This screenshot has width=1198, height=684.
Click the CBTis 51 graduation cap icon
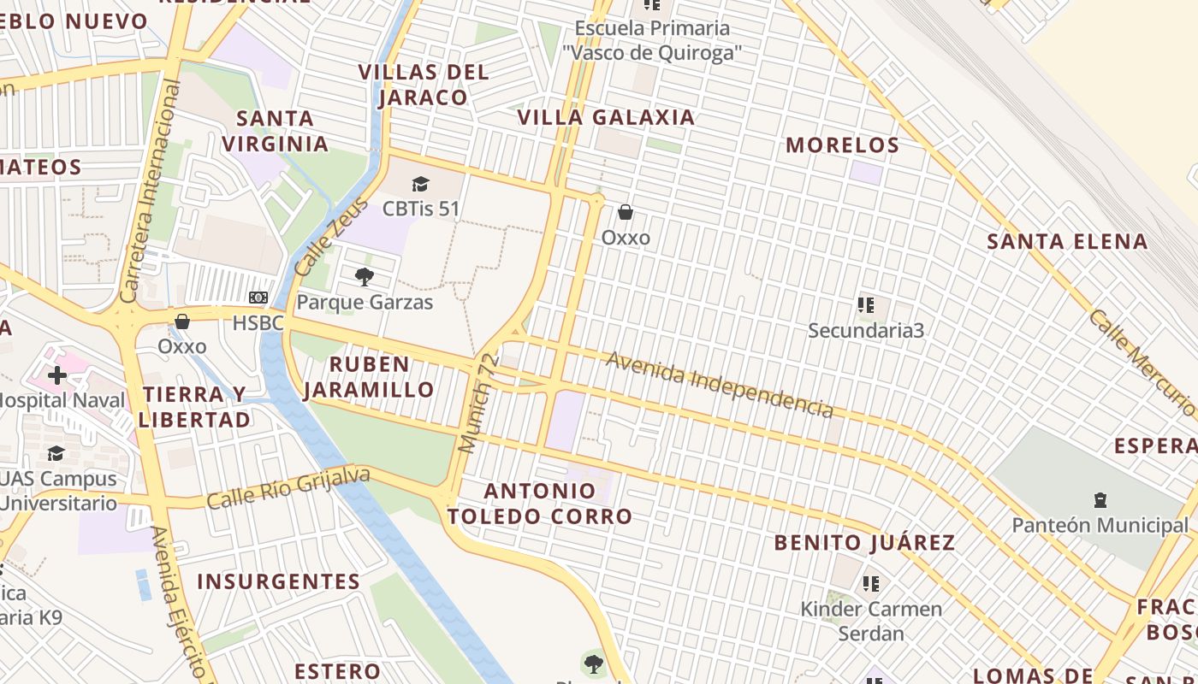420,184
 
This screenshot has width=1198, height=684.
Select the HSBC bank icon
258,298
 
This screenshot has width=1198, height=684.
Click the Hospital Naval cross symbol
57,375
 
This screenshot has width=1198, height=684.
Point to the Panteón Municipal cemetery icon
1100,500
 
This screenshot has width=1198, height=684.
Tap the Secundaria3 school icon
866,304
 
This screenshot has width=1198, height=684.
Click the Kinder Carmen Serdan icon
871,584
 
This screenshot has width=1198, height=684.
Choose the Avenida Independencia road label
719,385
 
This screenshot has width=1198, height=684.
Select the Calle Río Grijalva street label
288,487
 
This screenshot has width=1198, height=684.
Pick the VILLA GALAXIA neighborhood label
606,117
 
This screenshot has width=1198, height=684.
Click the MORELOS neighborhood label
842,145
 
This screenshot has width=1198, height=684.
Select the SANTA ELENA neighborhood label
1067,242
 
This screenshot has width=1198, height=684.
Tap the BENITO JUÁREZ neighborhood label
864,543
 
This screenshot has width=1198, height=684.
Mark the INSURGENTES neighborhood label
278,582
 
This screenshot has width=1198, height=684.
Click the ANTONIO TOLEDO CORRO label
539,504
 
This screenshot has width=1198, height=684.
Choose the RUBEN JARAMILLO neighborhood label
369,377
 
